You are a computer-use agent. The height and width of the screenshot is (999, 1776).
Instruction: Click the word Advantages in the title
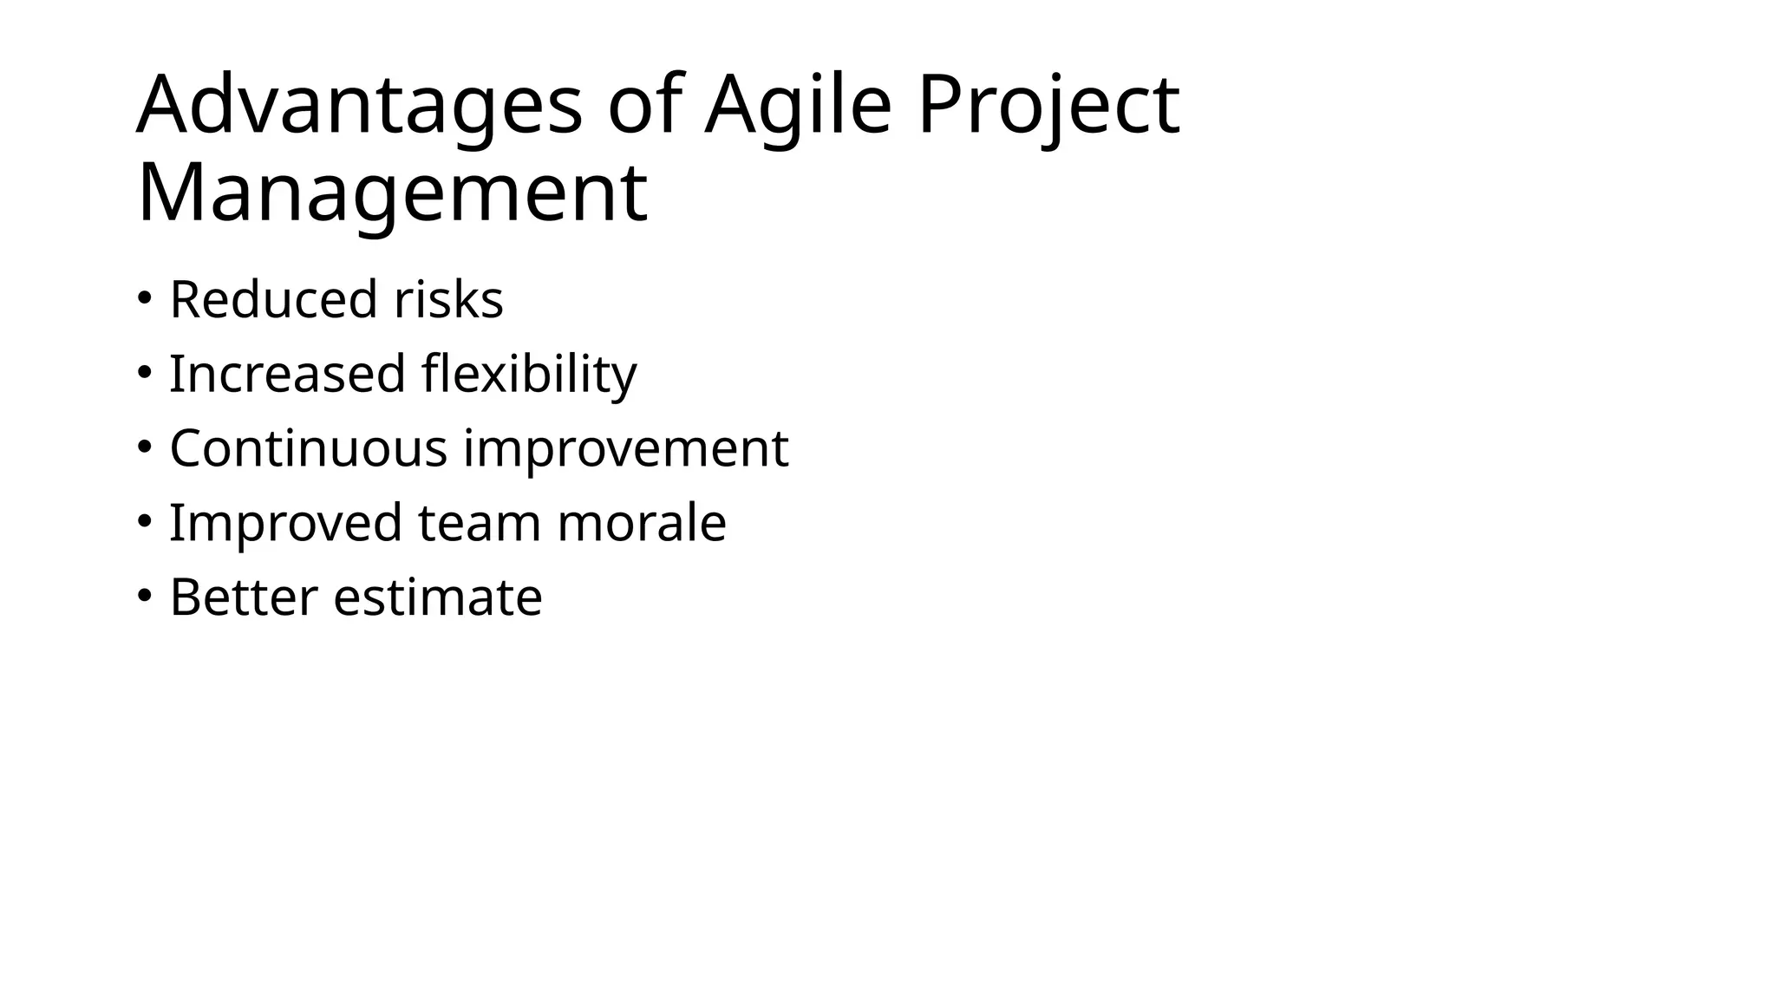coord(359,107)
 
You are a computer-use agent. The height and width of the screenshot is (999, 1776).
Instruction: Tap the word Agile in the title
coord(798,107)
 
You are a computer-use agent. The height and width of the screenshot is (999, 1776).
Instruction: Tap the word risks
coord(448,300)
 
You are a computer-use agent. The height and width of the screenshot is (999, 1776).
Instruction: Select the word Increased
coord(287,375)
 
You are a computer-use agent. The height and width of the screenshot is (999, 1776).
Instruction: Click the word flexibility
coord(529,375)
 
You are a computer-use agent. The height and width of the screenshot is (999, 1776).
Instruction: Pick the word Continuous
coord(309,449)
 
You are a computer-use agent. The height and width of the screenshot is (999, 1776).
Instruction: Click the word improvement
coord(625,449)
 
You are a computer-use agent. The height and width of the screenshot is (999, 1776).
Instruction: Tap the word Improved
coord(286,524)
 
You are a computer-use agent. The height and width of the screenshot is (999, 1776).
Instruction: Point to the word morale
coord(641,524)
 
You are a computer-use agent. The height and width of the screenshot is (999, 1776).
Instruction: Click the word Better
coord(244,598)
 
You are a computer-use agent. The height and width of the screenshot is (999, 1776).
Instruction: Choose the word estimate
coord(438,598)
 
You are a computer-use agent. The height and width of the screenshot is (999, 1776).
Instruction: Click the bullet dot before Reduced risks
coord(144,298)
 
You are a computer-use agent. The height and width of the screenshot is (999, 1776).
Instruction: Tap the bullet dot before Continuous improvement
coord(144,447)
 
